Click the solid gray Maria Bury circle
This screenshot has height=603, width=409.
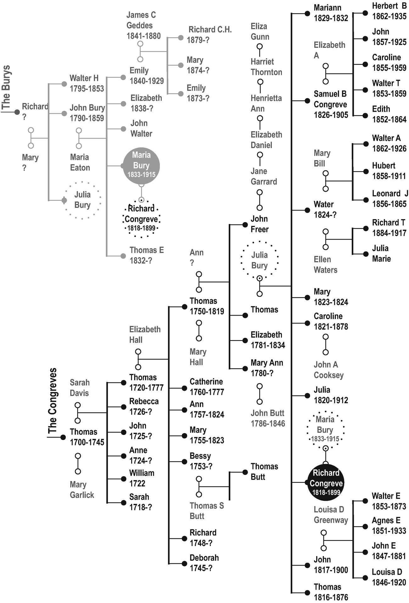[x=141, y=165]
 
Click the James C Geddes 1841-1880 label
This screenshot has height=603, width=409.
[x=143, y=25]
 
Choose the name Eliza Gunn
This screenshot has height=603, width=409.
[x=260, y=31]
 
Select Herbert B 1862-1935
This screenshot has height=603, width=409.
[x=389, y=11]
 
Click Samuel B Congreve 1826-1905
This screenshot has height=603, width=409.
[x=331, y=104]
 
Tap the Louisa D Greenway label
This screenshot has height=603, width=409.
[x=331, y=515]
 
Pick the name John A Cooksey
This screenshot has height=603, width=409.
[x=328, y=370]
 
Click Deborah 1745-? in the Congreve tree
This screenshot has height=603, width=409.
[x=204, y=563]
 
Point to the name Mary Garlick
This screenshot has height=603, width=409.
[x=82, y=489]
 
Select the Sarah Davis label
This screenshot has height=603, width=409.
[x=80, y=388]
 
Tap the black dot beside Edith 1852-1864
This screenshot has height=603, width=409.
[x=365, y=115]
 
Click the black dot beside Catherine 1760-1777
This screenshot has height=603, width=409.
[x=184, y=388]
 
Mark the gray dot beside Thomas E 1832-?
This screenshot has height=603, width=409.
[x=123, y=256]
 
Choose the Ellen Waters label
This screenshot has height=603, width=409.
[x=325, y=265]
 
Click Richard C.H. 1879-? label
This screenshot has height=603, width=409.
[x=209, y=35]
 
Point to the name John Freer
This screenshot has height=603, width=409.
[x=259, y=224]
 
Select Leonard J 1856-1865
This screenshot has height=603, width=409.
[x=389, y=198]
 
